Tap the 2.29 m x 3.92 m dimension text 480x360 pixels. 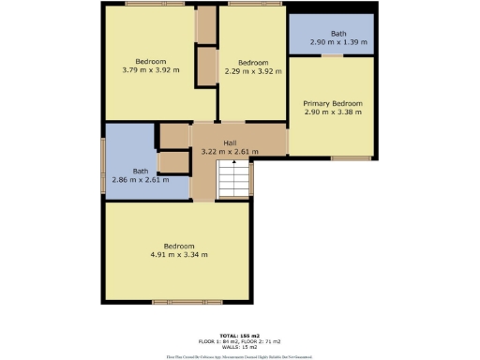[x=250, y=69]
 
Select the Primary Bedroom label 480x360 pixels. [x=332, y=103]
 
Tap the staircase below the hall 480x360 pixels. [x=234, y=178]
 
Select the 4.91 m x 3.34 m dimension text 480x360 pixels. [x=178, y=254]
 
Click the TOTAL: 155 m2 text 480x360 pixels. [x=239, y=335]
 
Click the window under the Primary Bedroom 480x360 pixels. [x=352, y=157]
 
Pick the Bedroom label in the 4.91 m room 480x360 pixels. [x=178, y=246]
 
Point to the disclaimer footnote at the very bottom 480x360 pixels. [x=239, y=356]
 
